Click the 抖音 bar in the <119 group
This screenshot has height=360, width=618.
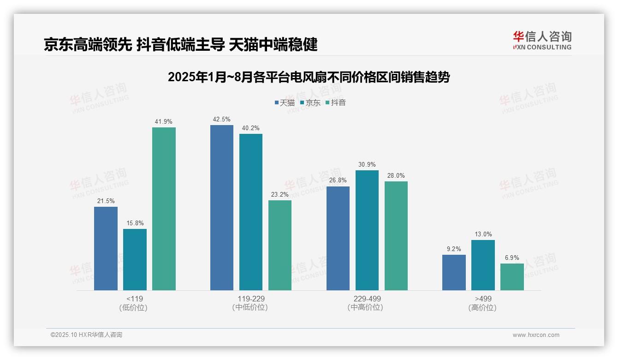[x=164, y=209]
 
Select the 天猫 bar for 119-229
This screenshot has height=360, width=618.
[x=222, y=208]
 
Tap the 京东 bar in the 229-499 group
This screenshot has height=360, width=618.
[x=367, y=230]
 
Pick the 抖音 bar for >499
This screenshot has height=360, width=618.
[x=512, y=277]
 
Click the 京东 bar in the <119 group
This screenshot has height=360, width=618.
[x=135, y=259]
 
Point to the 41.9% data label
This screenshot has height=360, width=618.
[x=164, y=122]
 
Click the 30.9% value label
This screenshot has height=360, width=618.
[x=367, y=165]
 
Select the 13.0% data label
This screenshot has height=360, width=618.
[x=483, y=234]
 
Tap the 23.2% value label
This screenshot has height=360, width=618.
[x=280, y=195]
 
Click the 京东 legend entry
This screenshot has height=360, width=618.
[x=310, y=103]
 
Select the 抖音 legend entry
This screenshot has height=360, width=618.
[x=335, y=103]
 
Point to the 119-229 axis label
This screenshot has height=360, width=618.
[x=251, y=299]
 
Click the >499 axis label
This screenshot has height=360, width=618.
[x=483, y=299]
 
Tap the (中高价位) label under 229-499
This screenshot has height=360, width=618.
[x=367, y=307]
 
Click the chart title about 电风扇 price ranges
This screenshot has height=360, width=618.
[x=309, y=77]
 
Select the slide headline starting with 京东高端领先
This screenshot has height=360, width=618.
[x=180, y=45]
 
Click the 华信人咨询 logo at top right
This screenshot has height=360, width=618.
[x=542, y=40]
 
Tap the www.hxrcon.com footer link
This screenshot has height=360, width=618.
[x=536, y=335]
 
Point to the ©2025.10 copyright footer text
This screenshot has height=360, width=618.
[x=86, y=335]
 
